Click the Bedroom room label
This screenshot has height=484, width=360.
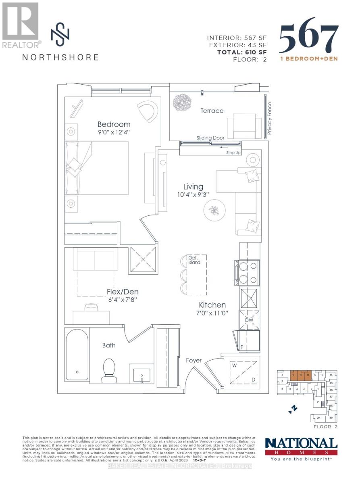click(114, 124)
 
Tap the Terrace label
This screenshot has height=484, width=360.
click(212, 111)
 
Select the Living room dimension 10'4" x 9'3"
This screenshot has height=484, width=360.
click(193, 195)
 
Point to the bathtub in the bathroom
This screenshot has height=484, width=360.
click(77, 355)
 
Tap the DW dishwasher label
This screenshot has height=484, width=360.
click(249, 320)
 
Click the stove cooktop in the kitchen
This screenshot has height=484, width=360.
click(247, 273)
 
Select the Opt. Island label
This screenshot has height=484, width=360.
click(194, 260)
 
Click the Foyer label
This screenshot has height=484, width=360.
click(194, 360)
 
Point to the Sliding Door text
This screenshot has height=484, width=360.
click(210, 138)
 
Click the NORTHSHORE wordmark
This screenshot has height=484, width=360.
click(60, 57)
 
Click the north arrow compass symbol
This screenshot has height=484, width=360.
click(293, 410)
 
